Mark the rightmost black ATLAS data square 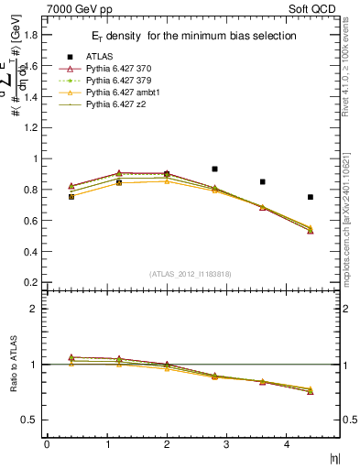coord(311,197)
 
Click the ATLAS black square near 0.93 coord(214,169)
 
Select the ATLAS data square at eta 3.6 coord(262,182)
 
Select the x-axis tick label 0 coord(47,444)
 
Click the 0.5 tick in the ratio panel coord(31,420)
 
